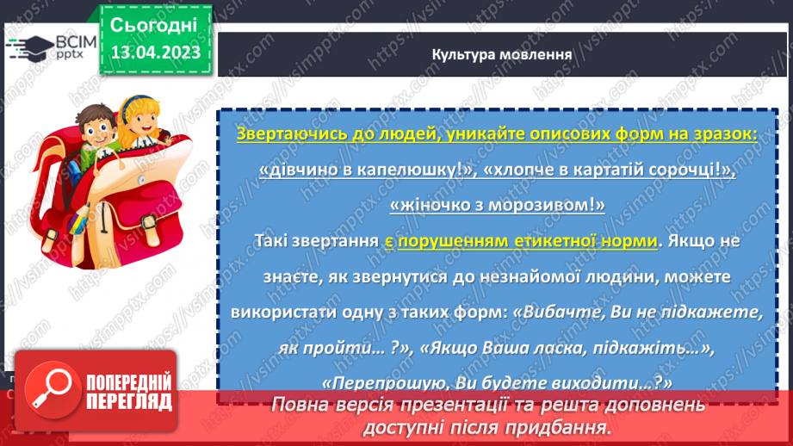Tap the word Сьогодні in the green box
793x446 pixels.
pos(154,23)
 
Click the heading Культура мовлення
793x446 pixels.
pos(502,54)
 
